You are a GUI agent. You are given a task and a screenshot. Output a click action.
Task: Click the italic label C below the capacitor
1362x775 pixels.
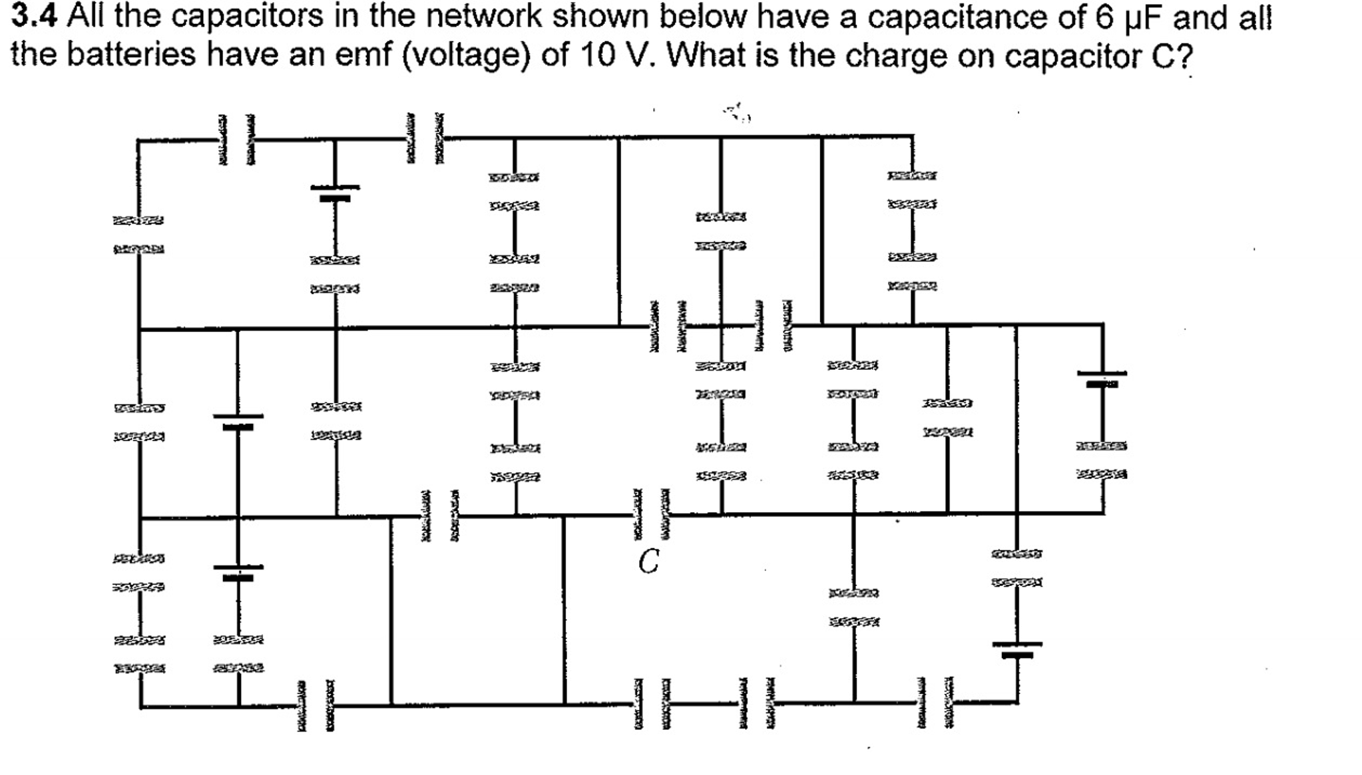[648, 561]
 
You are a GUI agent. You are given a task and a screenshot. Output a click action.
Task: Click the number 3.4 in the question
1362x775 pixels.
[34, 17]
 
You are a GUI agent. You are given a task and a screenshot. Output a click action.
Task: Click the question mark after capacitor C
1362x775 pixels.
[1182, 57]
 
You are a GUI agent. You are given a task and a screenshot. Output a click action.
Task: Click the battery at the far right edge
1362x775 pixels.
[1102, 379]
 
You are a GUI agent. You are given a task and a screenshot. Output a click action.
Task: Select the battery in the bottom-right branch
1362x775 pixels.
[1017, 649]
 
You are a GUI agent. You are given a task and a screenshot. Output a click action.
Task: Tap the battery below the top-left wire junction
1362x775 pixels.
[335, 192]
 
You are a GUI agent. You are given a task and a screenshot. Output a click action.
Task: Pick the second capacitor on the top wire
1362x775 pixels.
[424, 138]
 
